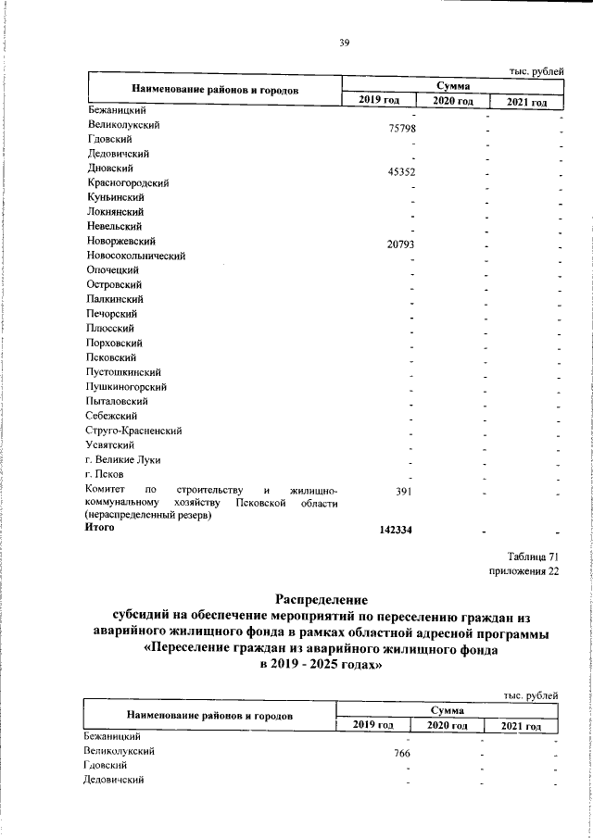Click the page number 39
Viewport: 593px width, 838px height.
tap(344, 42)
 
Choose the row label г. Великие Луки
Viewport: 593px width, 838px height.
tap(123, 460)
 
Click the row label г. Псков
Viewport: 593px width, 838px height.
tap(106, 475)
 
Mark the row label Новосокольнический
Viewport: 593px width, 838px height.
tap(136, 256)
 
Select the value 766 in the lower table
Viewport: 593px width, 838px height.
tap(401, 754)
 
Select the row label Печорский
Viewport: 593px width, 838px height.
tap(112, 314)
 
